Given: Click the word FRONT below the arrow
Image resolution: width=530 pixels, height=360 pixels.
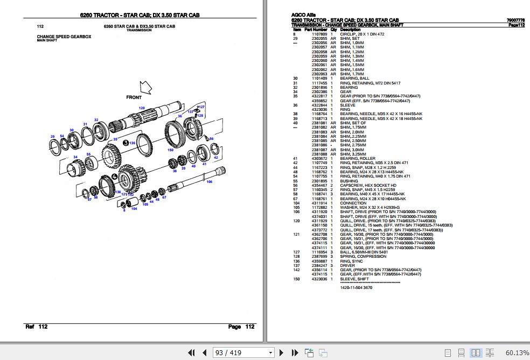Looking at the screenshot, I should point(134,97).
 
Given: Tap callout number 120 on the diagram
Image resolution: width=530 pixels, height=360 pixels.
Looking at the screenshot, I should point(142,108).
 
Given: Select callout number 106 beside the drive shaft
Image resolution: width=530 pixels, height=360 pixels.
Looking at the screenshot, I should point(209,181).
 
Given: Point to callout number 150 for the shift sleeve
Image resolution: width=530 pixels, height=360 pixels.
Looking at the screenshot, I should point(170,150).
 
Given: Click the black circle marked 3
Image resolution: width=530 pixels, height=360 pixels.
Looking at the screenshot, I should point(125,143).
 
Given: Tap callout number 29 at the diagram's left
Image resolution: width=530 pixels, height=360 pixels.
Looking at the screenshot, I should point(52,136).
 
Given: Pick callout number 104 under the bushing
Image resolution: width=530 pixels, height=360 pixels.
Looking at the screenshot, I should point(134,208).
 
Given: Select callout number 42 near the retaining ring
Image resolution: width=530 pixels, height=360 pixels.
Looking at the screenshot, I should point(215,158).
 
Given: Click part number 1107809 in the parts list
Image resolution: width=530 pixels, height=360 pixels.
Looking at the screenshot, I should point(319,34).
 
